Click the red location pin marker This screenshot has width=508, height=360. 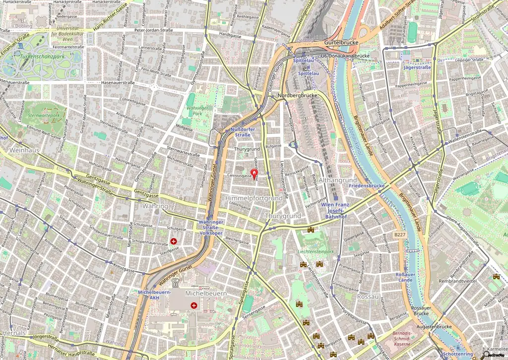click(255, 174)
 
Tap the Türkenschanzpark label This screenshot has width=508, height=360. click(42, 57)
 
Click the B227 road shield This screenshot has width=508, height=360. click(400, 234)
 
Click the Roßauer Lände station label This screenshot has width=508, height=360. click(404, 277)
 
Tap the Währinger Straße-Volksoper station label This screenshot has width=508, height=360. click(210, 227)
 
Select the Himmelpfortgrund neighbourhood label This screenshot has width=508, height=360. click(254, 198)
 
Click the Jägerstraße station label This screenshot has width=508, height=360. click(417, 67)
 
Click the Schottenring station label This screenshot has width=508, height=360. click(457, 354)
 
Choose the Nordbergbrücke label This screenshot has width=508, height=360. click(297, 95)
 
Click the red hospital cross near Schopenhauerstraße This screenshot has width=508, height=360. click(174, 241)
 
